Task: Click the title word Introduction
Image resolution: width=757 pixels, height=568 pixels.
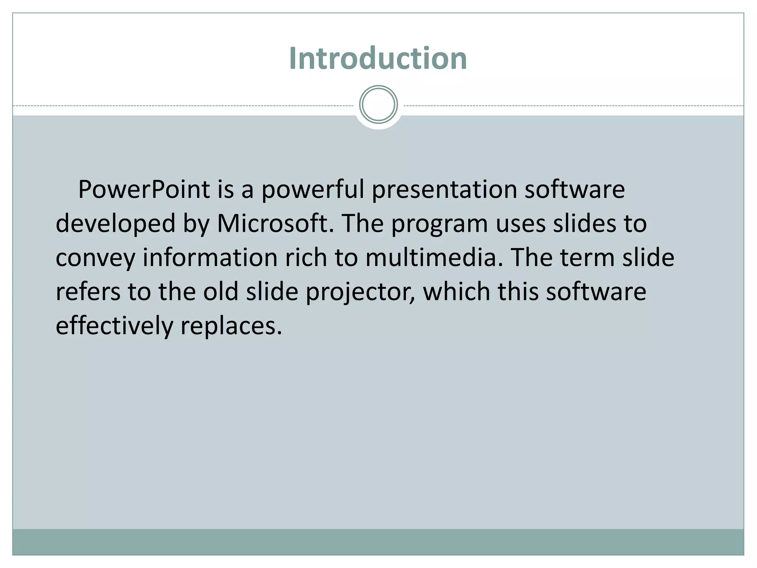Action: point(378,58)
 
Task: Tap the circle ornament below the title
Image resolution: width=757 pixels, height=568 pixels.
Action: point(378,105)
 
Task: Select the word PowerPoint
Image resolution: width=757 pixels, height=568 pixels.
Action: point(144,189)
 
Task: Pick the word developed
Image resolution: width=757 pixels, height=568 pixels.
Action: point(115,224)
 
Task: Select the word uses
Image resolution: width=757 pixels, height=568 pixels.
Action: point(520,224)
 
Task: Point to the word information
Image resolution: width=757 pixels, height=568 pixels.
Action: point(210,257)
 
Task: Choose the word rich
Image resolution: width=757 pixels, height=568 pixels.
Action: point(306,257)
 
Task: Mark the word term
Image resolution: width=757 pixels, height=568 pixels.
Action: point(587,257)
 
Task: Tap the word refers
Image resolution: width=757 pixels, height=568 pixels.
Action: point(88,291)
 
